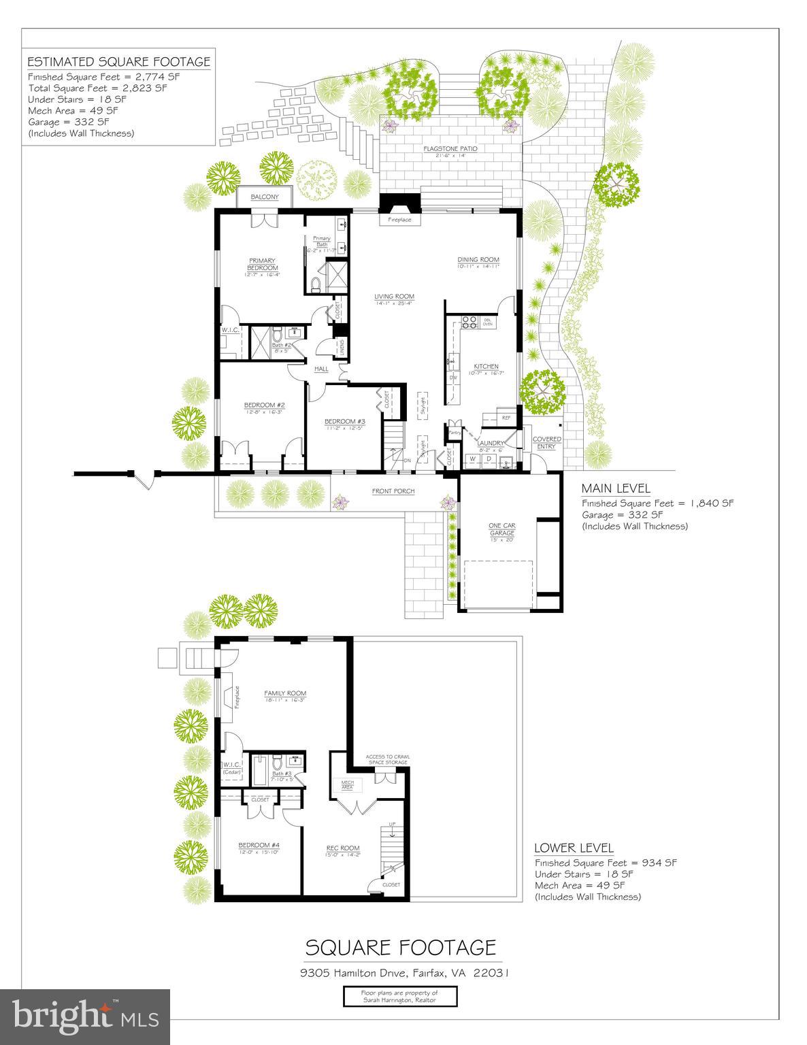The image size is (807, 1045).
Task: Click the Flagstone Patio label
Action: click(x=450, y=148)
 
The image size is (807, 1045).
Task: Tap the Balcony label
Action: click(x=265, y=197)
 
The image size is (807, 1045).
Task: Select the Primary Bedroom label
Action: click(x=262, y=264)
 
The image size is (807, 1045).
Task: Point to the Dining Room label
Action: click(x=478, y=260)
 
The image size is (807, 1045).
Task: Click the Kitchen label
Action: click(x=486, y=367)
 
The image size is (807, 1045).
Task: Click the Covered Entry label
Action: click(x=546, y=443)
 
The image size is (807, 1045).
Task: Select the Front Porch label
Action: click(x=393, y=491)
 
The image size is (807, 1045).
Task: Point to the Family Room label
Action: click(x=285, y=694)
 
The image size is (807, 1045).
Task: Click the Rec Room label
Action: click(x=343, y=848)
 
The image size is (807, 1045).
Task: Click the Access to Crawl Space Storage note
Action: click(x=387, y=759)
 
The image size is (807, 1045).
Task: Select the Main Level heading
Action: click(x=615, y=488)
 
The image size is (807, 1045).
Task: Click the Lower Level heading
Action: click(x=574, y=848)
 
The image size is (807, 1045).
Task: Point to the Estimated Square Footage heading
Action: click(x=118, y=62)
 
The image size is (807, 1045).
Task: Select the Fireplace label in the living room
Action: click(x=399, y=220)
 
